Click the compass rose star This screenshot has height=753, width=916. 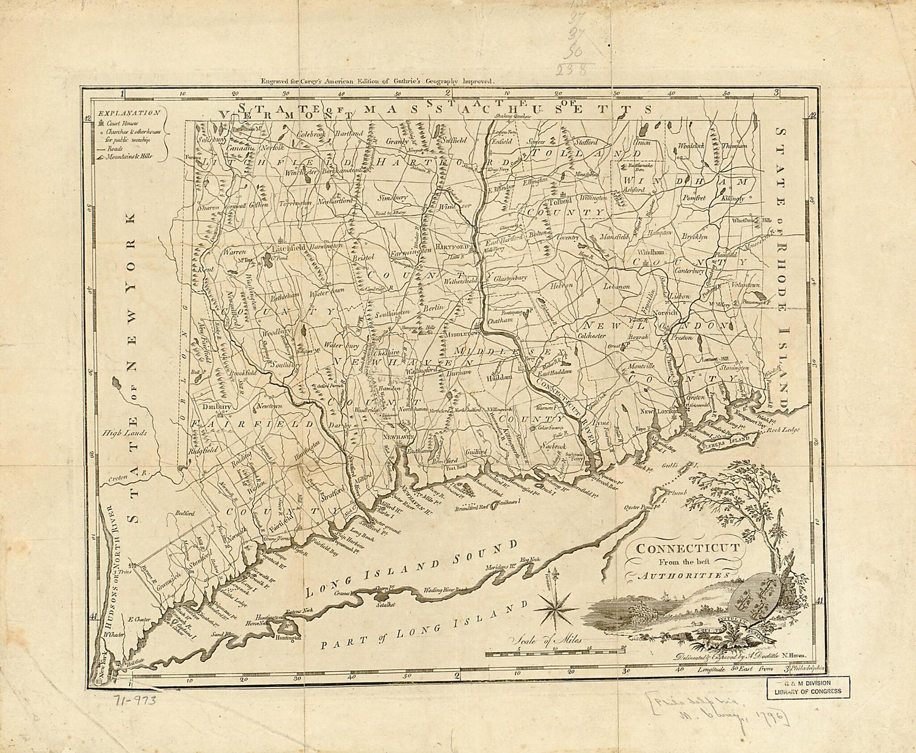tap(554, 606)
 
